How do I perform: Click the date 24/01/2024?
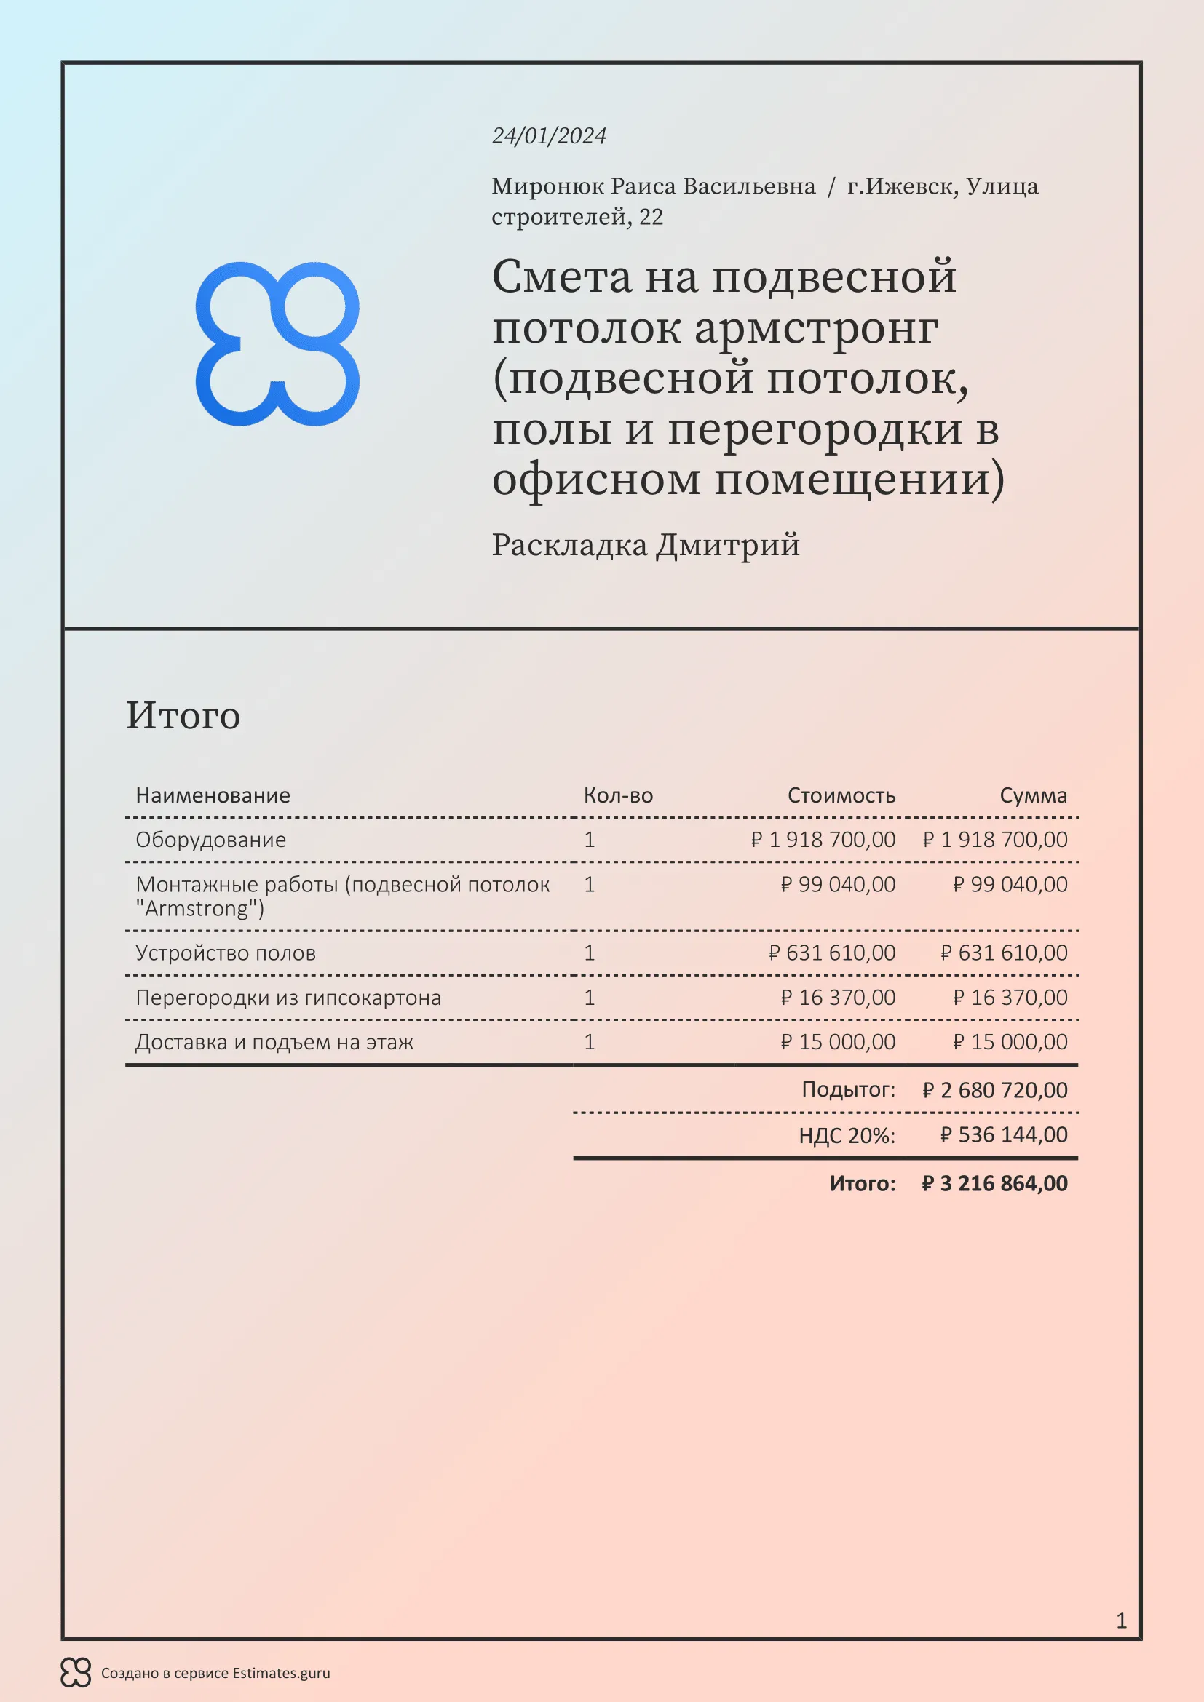[x=549, y=135]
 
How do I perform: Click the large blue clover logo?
[x=277, y=343]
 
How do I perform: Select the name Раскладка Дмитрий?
[x=646, y=545]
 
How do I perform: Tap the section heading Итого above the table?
[x=183, y=715]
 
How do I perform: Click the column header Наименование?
[x=213, y=795]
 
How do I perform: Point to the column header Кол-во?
[x=617, y=795]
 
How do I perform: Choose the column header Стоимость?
[x=841, y=795]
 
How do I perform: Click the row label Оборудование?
[x=210, y=840]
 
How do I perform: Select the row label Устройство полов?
[x=226, y=953]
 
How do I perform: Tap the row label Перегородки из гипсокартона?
[x=288, y=998]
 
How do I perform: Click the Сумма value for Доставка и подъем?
[x=1010, y=1042]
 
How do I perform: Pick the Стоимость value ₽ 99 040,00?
[x=838, y=884]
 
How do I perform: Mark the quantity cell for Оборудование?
[x=590, y=840]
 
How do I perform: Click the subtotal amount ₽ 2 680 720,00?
[x=995, y=1091]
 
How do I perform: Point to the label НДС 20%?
[x=847, y=1136]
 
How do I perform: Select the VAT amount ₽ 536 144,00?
[x=1004, y=1135]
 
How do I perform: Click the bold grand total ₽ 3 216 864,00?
[x=995, y=1183]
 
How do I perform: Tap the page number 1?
[x=1121, y=1621]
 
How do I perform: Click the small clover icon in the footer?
[x=76, y=1673]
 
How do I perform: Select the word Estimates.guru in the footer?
[x=281, y=1673]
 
